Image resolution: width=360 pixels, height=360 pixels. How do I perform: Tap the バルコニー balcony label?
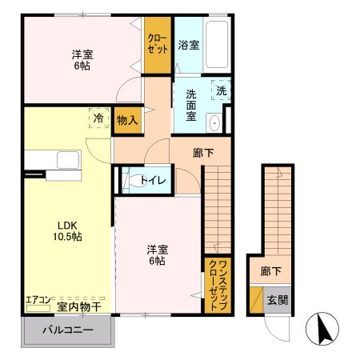click(68, 330)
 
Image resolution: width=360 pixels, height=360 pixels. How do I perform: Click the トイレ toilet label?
click(153, 180)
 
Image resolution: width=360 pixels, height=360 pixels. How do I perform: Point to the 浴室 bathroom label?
click(190, 44)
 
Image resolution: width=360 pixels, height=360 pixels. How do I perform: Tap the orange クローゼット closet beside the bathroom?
click(157, 43)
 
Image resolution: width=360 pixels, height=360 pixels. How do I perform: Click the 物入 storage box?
click(127, 120)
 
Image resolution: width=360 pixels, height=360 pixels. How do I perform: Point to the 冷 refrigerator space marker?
click(98, 117)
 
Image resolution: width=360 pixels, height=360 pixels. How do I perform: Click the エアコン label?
click(38, 300)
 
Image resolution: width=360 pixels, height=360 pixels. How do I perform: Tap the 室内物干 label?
click(78, 306)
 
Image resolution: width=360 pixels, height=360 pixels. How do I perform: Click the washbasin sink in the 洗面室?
click(214, 123)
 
